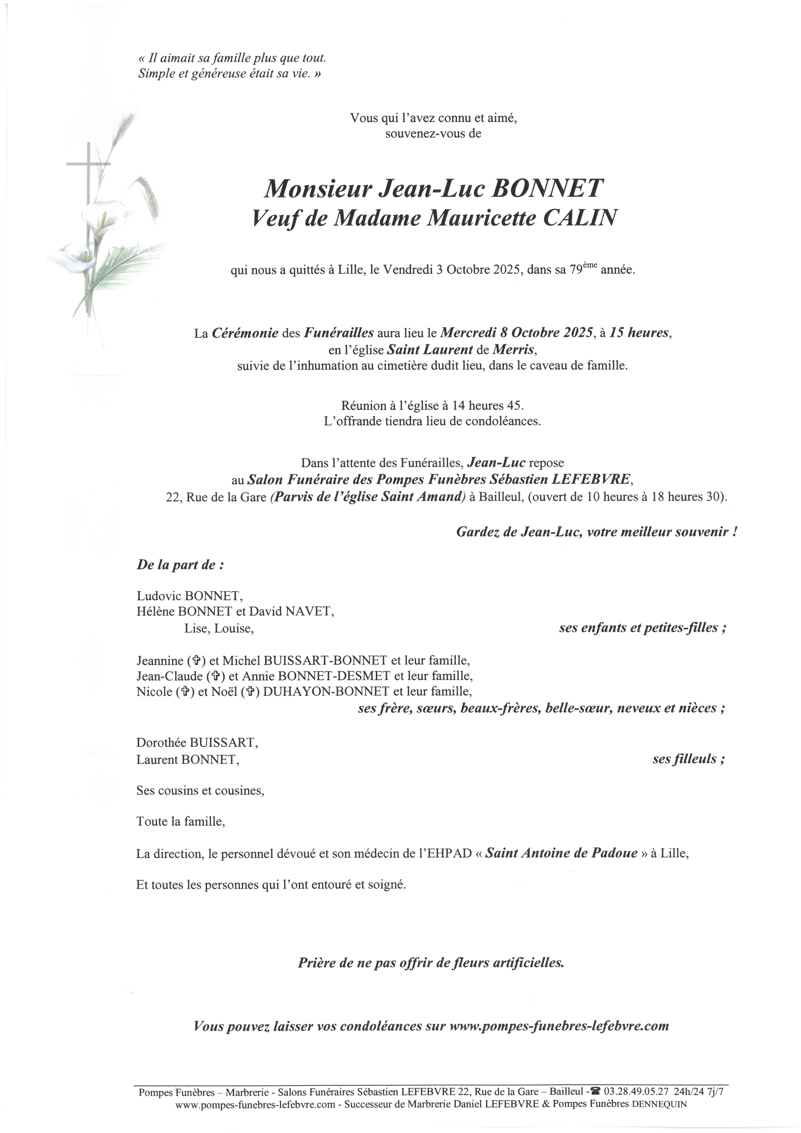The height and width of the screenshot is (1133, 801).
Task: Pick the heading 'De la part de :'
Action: [180, 565]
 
